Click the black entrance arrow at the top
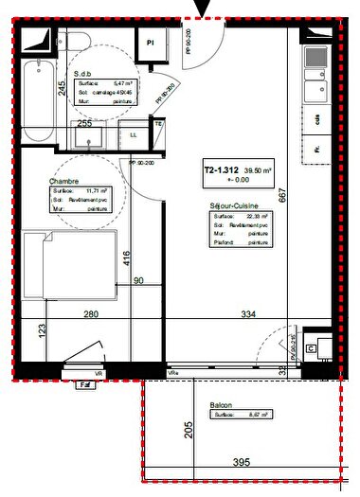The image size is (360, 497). coord(201,9)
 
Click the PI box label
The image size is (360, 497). coord(150,41)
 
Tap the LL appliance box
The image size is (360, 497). coord(132,135)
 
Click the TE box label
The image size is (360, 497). coord(158,124)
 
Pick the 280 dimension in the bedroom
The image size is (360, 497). coord(91,313)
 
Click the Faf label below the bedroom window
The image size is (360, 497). coord(86,386)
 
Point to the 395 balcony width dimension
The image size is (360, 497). coord(243,463)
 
